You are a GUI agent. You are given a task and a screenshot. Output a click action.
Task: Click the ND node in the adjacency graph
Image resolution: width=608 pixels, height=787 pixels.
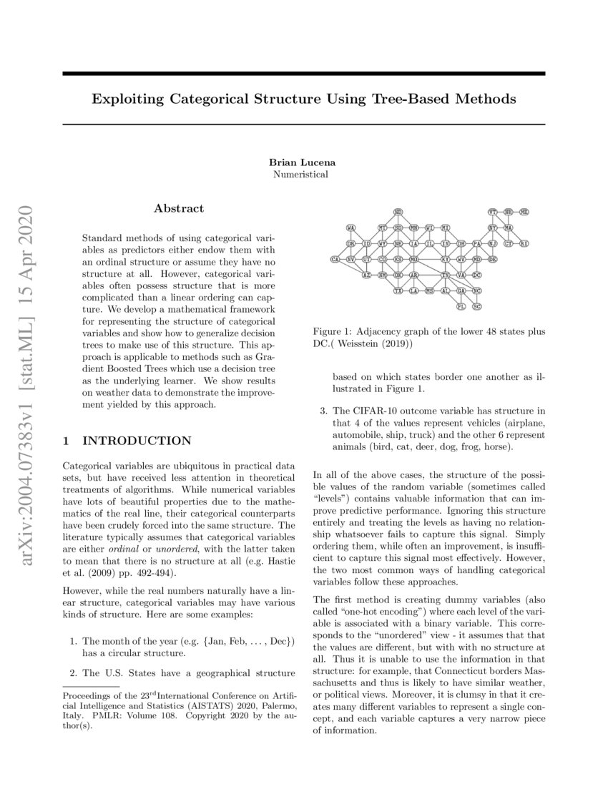[x=398, y=212]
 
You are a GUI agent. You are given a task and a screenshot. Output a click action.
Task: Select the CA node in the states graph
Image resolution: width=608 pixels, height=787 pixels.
[x=334, y=259]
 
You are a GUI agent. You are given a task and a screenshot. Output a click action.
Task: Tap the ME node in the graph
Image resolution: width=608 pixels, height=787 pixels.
[x=524, y=212]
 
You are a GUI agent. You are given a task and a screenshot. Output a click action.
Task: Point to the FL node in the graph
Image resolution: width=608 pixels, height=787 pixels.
[x=461, y=306]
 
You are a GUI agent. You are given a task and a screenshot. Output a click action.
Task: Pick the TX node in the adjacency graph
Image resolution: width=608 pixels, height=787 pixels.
[x=398, y=291]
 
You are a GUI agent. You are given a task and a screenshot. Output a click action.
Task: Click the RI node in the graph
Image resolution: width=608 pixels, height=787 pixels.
[x=524, y=244]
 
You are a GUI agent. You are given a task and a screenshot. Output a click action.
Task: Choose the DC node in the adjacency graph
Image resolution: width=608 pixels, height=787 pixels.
[x=477, y=275]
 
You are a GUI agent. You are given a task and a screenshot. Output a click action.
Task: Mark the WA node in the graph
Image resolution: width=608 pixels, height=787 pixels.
[x=350, y=228]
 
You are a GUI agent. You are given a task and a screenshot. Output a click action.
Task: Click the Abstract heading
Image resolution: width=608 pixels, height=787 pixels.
[x=179, y=208]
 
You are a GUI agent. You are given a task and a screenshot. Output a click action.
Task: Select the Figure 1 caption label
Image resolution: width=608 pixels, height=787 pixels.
[x=336, y=333]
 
